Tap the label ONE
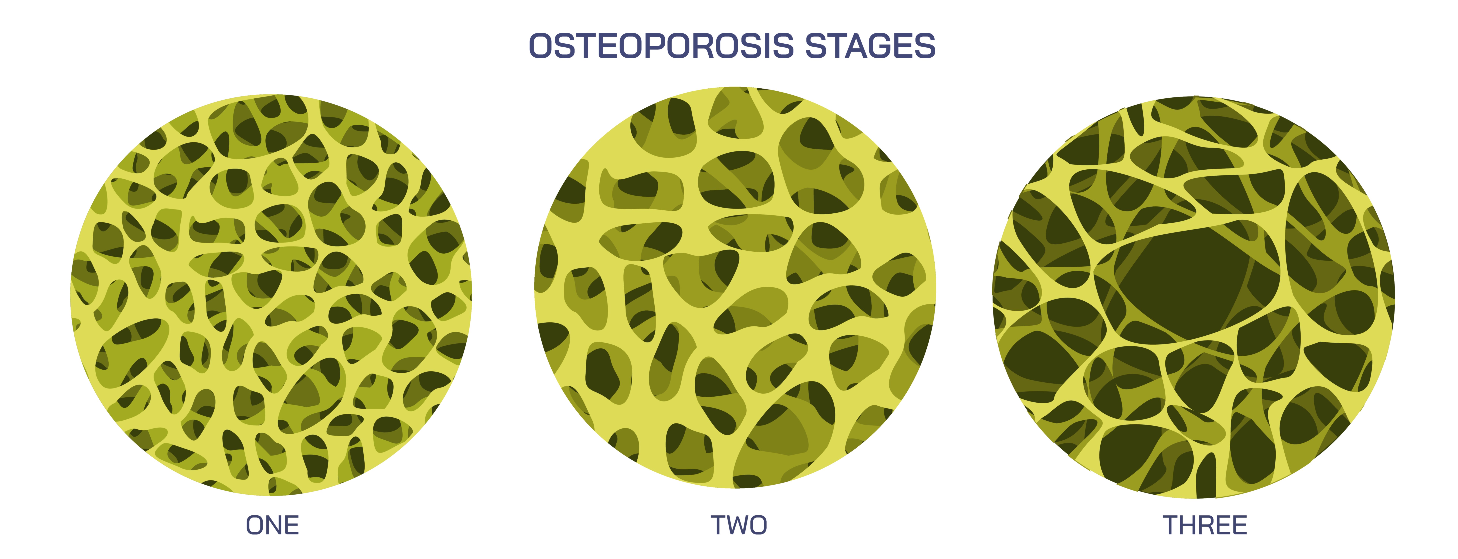click(x=272, y=526)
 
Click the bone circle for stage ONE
click(x=271, y=295)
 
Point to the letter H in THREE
click(x=1189, y=526)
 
